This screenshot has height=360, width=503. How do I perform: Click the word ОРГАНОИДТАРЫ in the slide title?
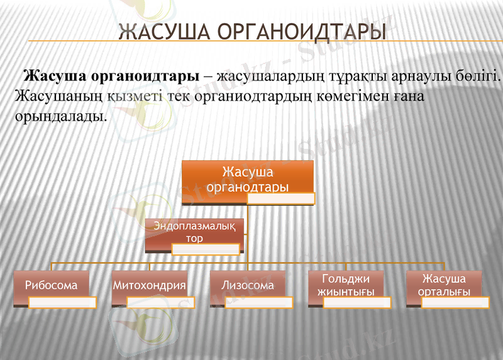tap(300, 32)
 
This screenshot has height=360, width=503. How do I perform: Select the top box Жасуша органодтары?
tap(248, 178)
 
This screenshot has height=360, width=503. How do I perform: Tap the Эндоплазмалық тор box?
tap(194, 230)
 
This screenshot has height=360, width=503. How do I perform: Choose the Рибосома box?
tap(52, 285)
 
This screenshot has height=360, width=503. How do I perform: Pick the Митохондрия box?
tap(150, 285)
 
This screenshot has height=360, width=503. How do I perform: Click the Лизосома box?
tap(248, 285)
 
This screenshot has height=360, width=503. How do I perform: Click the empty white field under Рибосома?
tap(62, 303)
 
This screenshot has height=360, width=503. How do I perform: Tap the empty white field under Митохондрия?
tap(160, 303)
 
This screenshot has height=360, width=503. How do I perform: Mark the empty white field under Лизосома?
tap(258, 303)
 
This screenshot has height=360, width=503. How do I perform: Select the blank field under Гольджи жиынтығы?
tap(357, 303)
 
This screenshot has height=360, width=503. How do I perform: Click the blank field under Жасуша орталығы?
tap(455, 303)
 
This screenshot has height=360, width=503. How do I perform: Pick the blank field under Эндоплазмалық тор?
tap(205, 249)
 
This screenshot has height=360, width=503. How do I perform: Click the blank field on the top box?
tap(280, 199)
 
